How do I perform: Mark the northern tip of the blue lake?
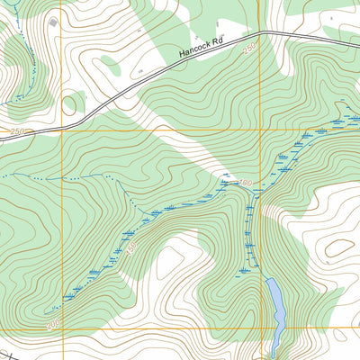click(271, 280)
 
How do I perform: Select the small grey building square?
click(53, 21)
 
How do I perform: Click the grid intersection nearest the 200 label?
click(61, 329)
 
